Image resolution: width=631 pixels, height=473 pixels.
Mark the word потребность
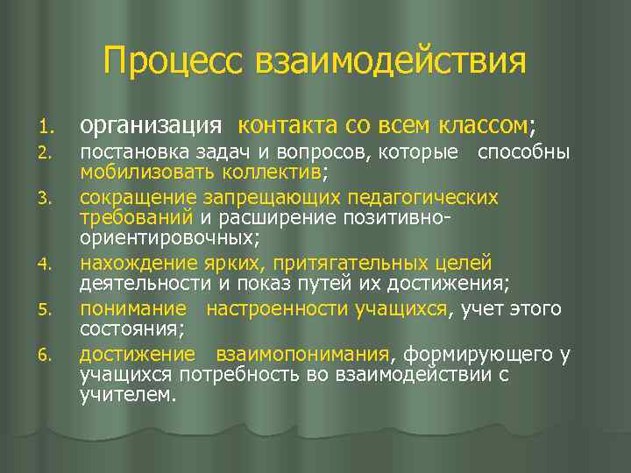pyautogui.click(x=235, y=375)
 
